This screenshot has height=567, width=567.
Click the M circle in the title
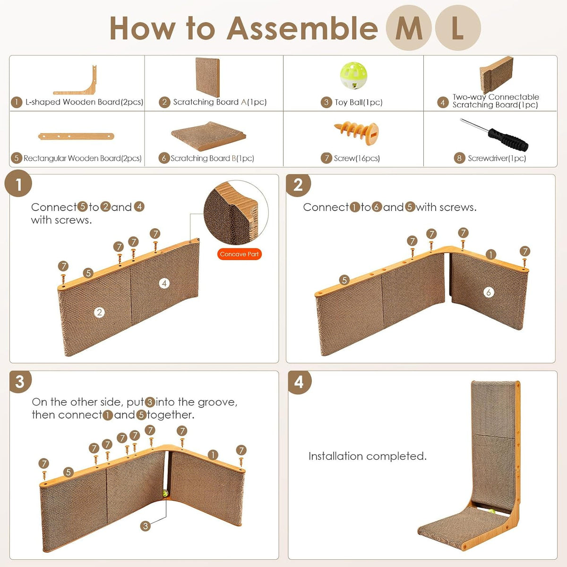pos(409,28)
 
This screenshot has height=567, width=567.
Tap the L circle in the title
pos(458,28)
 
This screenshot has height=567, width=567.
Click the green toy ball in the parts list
pos(353,75)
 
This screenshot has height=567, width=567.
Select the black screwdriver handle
pos(508,140)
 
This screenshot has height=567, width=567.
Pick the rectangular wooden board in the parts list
pos(76,136)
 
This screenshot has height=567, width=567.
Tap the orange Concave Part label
pos(239,254)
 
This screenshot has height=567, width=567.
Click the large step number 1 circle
pos(18,183)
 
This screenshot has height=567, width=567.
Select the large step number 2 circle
pos(298,185)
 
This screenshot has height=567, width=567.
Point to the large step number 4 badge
pos(300,382)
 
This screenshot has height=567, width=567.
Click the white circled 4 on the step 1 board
pos(164,283)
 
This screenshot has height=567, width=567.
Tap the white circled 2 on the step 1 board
pos(99,312)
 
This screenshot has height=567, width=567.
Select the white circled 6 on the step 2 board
pos(489,292)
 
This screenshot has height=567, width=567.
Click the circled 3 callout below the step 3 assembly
pos(146,526)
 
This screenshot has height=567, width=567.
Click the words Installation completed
pos(368,456)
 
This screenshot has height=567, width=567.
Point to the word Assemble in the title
pos(302,28)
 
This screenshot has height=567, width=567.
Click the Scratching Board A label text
pos(220,102)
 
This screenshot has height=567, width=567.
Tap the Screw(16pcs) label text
pos(357,158)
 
